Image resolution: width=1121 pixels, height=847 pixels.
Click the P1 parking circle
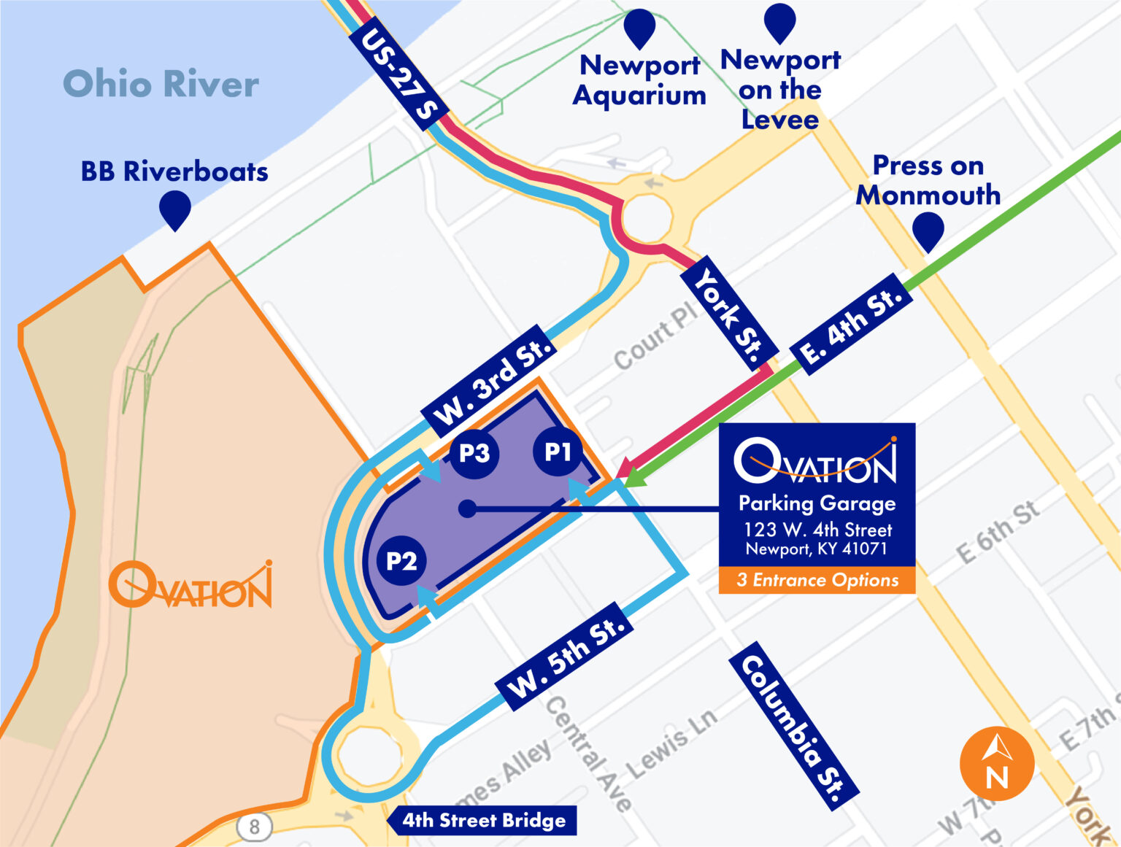558,452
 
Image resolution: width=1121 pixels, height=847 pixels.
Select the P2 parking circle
401,561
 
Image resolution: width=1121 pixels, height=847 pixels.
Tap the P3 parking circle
474,453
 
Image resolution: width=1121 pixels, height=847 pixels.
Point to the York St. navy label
727,314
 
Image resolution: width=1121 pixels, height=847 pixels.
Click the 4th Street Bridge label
483,820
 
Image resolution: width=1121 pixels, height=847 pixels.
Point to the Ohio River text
161,84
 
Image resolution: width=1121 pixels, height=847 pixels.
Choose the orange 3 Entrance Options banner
817,580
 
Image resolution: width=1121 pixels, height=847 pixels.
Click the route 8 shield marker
254,827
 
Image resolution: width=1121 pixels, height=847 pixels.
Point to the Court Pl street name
655,336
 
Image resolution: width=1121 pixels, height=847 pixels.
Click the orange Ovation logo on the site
191,586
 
